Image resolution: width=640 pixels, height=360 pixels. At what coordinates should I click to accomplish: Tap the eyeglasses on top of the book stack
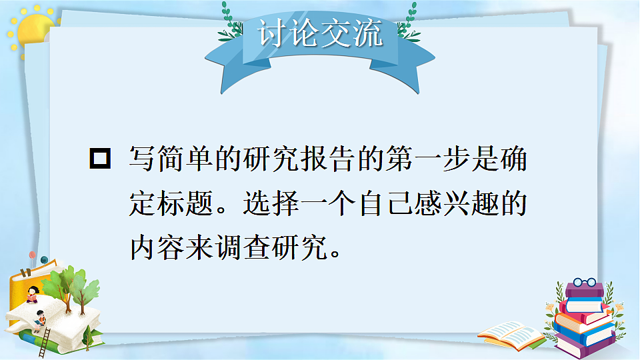(584, 283)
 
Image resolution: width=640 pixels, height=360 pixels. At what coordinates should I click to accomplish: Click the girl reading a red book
(32, 294)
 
